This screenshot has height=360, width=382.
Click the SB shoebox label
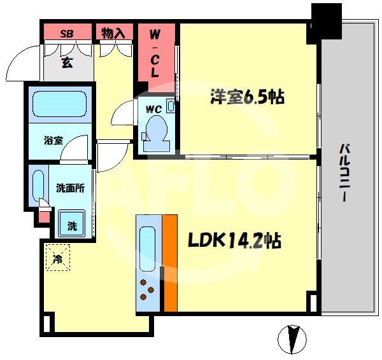coord(67,34)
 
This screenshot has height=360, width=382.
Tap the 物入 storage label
coord(113,33)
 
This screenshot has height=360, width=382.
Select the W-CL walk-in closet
coord(157,58)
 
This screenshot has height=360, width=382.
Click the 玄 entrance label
coord(67,63)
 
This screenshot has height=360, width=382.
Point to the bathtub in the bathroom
coord(60,104)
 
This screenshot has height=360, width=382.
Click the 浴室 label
coord(53,141)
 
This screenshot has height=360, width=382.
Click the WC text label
coord(153,109)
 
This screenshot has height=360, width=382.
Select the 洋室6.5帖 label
coord(247,97)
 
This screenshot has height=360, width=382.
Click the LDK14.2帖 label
coord(234,240)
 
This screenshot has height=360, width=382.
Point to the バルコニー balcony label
coord(345,173)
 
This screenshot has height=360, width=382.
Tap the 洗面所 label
coord(71,188)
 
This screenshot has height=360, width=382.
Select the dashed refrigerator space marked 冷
coord(58,258)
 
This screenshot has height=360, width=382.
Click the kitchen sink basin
coord(148,249)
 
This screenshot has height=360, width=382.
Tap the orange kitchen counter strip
coord(170,263)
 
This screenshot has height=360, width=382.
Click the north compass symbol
coord(292,339)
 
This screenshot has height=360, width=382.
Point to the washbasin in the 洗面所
coord(38,186)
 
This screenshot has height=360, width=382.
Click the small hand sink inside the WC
coord(171,106)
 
